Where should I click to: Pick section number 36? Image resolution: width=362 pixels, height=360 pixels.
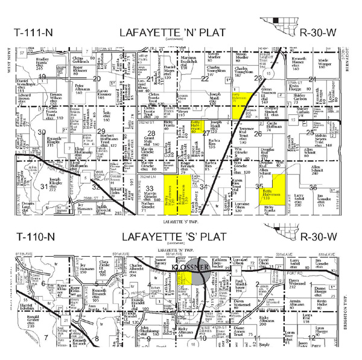(313, 187)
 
